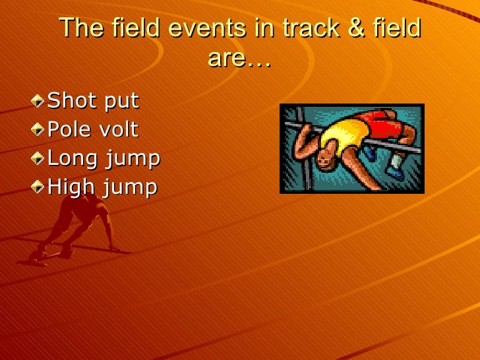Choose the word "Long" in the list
point(71,159)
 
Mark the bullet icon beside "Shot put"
point(42,101)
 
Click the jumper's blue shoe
point(396,172)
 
